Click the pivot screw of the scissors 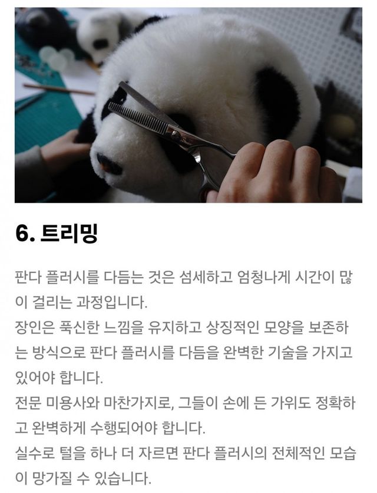pos(175,135)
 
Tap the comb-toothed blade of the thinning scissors pos(138,117)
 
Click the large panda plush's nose pos(109,163)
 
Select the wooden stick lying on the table pos(59,89)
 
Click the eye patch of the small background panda pos(101,44)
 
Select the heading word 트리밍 pos(69,234)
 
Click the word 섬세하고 pos(206,277)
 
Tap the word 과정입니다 pos(111,302)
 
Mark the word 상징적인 pos(233,327)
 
